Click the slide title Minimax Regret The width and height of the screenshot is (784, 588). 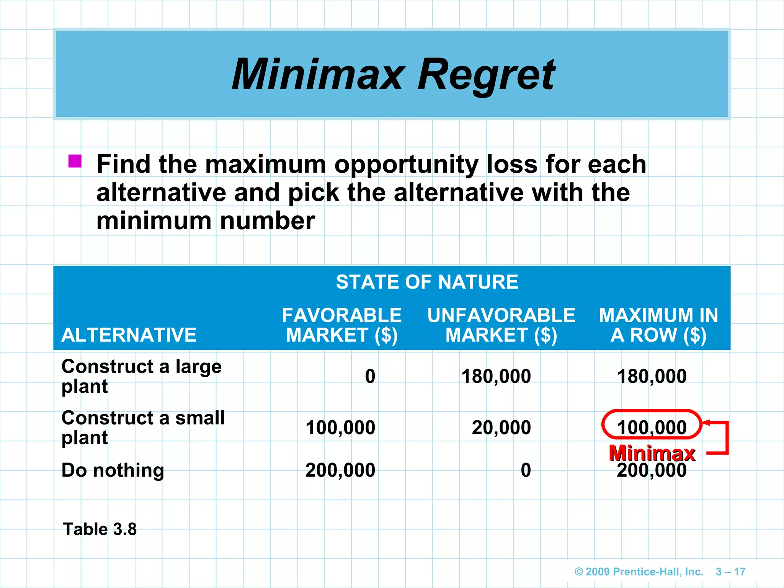pyautogui.click(x=393, y=74)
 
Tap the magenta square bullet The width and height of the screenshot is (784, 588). pyautogui.click(x=75, y=161)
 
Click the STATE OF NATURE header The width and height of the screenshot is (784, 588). pyautogui.click(x=427, y=282)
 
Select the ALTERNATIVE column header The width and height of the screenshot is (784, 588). pyautogui.click(x=129, y=335)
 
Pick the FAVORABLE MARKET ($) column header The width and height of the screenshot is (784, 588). pyautogui.click(x=341, y=325)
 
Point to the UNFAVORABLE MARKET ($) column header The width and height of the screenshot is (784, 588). pyautogui.click(x=501, y=325)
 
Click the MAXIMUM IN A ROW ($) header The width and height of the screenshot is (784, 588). pyautogui.click(x=658, y=325)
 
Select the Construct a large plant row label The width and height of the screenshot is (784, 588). pyautogui.click(x=142, y=376)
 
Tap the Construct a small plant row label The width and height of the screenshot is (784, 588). pyautogui.click(x=143, y=428)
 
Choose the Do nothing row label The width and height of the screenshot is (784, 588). pyautogui.click(x=113, y=470)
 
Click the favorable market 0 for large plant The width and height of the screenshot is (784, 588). pyautogui.click(x=370, y=376)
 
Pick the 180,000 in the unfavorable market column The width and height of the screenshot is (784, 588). pyautogui.click(x=496, y=376)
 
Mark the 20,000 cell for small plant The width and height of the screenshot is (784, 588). pyautogui.click(x=501, y=428)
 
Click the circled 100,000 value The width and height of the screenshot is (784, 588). pyautogui.click(x=652, y=427)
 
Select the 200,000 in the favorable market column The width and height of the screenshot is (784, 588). pyautogui.click(x=340, y=470)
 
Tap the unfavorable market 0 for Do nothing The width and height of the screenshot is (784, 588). pyautogui.click(x=526, y=470)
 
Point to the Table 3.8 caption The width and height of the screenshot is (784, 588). pyautogui.click(x=100, y=529)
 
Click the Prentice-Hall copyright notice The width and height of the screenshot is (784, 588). pyautogui.click(x=639, y=572)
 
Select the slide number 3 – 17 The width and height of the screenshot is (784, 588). pyautogui.click(x=730, y=572)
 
